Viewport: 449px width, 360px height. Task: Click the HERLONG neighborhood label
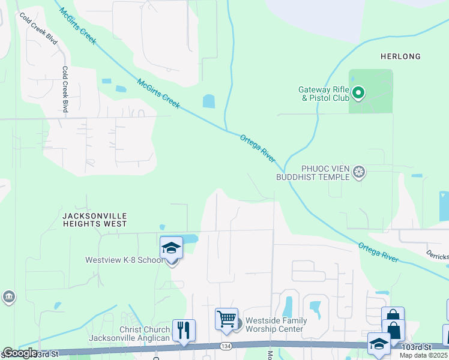click(x=400, y=56)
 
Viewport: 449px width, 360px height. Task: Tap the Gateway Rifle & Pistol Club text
click(x=324, y=94)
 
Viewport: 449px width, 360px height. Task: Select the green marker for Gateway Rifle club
click(x=358, y=92)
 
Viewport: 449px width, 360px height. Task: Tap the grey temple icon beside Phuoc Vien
click(x=359, y=173)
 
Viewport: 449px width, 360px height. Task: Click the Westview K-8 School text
click(x=124, y=260)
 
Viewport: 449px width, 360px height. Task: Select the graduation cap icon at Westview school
click(x=171, y=248)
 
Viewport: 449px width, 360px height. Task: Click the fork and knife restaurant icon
click(x=184, y=331)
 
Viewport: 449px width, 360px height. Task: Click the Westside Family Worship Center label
click(x=276, y=325)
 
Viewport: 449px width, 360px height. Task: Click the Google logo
click(x=19, y=353)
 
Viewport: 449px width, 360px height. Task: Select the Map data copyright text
click(x=424, y=355)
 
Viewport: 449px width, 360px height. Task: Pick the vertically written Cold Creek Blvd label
click(x=64, y=89)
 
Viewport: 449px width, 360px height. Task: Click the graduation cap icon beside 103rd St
click(x=379, y=344)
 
